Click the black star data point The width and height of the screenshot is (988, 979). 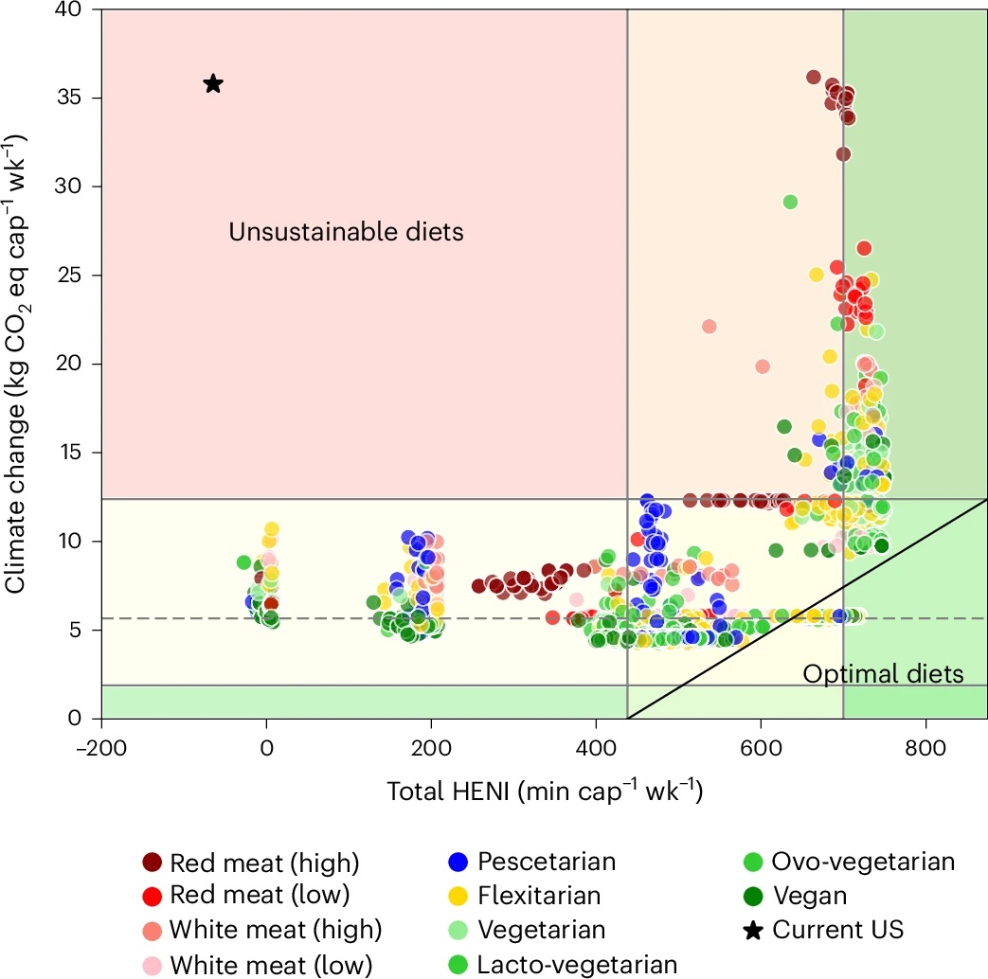coord(213,84)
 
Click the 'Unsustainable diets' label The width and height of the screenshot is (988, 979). coord(346,231)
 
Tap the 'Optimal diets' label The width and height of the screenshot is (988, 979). coord(883,674)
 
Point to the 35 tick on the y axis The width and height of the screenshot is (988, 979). coord(73,98)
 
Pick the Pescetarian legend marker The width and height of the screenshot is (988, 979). coord(459,863)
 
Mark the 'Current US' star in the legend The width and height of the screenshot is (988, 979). coord(753,930)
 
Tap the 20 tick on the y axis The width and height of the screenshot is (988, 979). coord(73,364)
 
